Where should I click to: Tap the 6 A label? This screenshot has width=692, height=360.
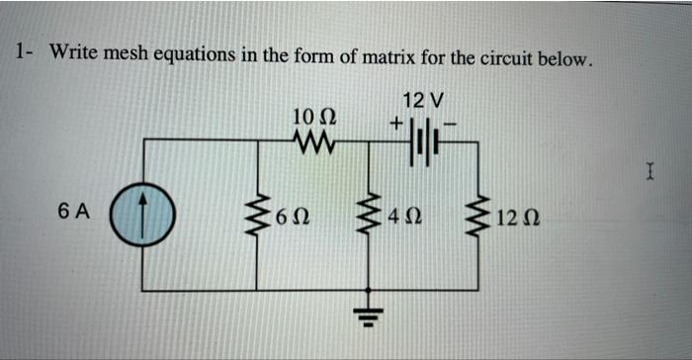click(x=74, y=210)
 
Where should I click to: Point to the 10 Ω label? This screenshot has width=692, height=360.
click(x=315, y=118)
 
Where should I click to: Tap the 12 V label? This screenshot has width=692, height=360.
click(x=425, y=100)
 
